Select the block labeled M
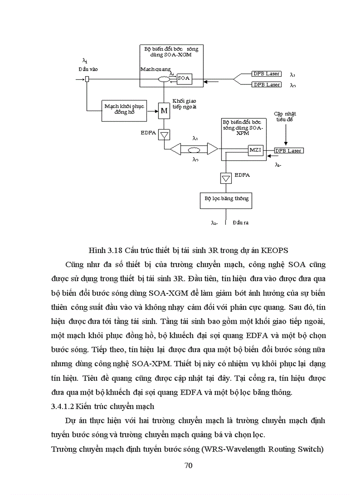coord(164,111)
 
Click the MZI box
coord(255,150)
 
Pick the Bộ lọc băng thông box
coord(226,199)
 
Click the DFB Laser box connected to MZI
coord(289,151)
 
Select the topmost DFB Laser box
coord(266,74)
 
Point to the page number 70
coord(188,467)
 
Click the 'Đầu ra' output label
coord(240,223)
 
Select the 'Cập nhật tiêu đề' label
coord(285,116)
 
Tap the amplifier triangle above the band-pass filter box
coord(226,178)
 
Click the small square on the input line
coord(87,79)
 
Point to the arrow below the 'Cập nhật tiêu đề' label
coord(286,134)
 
